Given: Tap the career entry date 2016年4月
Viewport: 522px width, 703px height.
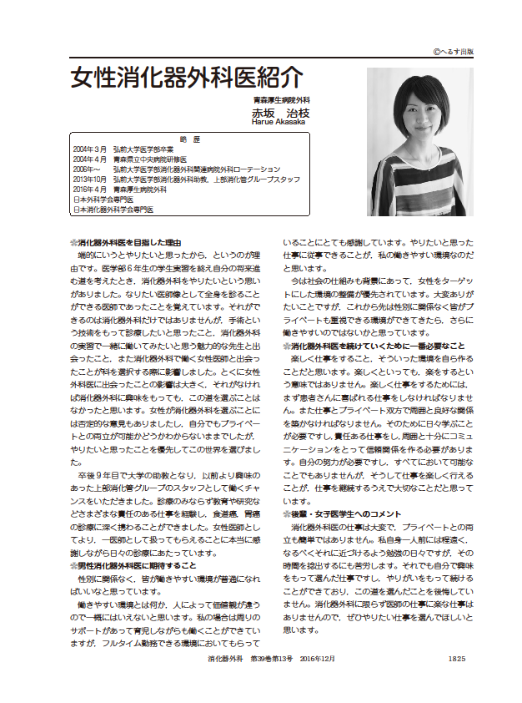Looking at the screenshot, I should pyautogui.click(x=89, y=190).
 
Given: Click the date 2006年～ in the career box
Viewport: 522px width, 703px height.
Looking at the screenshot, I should pyautogui.click(x=87, y=169).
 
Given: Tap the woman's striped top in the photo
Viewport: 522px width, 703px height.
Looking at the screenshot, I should pyautogui.click(x=417, y=190).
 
